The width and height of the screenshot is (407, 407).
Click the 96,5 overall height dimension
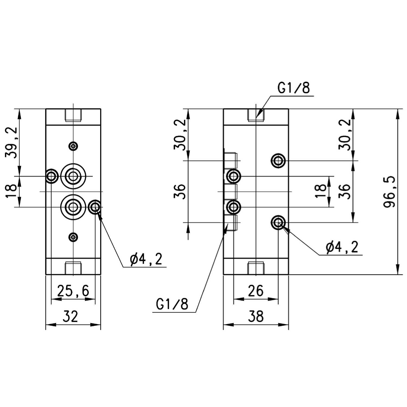click(x=390, y=192)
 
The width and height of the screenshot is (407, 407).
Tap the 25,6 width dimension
click(x=73, y=291)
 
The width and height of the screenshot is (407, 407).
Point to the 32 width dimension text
click(x=70, y=316)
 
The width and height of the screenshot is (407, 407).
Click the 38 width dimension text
click(x=256, y=316)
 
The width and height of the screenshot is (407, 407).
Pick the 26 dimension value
click(x=256, y=291)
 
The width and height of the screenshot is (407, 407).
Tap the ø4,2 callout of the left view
click(x=146, y=259)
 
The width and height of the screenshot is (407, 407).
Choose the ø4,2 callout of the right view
click(x=342, y=247)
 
